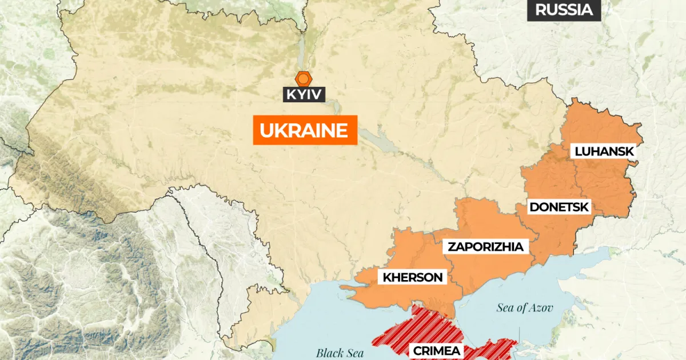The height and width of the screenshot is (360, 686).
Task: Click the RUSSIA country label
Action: point(564,10)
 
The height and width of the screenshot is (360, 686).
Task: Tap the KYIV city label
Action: point(304,94)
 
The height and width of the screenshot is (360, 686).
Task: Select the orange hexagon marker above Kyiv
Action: point(303,79)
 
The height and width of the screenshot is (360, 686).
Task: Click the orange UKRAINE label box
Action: point(304,130)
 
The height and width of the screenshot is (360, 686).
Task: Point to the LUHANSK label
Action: point(604,151)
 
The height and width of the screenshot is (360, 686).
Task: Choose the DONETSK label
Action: point(559,207)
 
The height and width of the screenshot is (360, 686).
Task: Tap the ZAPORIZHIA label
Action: point(485,247)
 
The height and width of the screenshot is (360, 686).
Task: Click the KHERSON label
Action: point(413,278)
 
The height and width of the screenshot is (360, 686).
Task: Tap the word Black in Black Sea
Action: point(329,353)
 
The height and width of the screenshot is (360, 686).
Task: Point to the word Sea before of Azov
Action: point(506,308)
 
